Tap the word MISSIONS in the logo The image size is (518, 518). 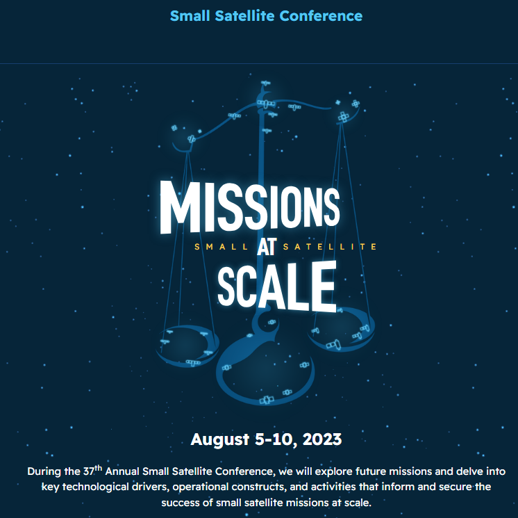(x=250, y=207)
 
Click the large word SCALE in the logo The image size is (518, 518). (x=276, y=286)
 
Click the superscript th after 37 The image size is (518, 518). (x=98, y=467)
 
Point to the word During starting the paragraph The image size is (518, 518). (x=44, y=471)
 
